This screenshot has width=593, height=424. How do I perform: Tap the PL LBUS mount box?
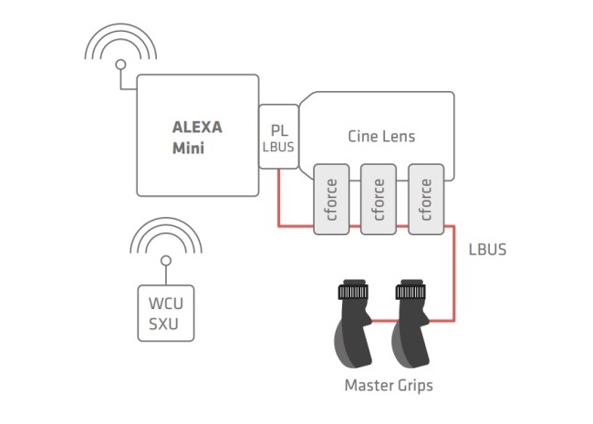coord(278,138)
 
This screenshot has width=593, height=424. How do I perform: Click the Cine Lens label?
coord(381,137)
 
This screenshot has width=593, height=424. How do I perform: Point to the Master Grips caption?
coord(389,386)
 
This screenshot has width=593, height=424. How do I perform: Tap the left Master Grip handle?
coord(351,328)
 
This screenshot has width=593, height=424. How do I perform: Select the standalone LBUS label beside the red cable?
coord(488,249)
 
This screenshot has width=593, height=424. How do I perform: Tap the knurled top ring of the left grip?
coord(352,293)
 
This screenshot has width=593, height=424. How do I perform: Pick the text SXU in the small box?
coord(165,322)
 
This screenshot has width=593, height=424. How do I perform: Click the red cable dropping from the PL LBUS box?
coord(278,197)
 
